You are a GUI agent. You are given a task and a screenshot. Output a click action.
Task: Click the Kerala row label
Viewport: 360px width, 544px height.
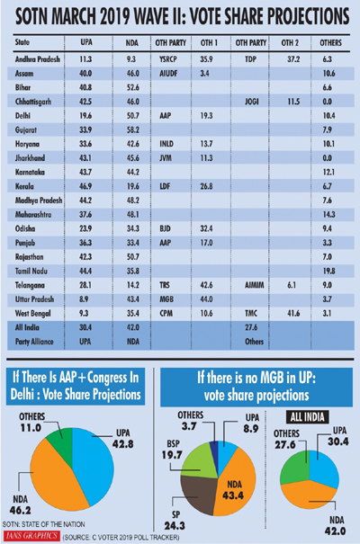point(24,186)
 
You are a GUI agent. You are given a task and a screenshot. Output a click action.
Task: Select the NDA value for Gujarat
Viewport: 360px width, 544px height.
point(132,129)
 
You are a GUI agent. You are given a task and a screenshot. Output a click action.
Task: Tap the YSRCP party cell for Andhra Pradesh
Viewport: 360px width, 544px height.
point(168,59)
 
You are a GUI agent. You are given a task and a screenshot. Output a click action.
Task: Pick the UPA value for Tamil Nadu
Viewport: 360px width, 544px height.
point(85,271)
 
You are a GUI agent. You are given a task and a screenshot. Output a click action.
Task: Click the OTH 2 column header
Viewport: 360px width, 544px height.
point(290,42)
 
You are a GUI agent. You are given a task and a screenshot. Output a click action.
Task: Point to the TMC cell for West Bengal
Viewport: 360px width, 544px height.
point(251,313)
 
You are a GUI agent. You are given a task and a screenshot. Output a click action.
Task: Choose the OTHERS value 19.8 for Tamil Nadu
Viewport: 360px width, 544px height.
point(328,271)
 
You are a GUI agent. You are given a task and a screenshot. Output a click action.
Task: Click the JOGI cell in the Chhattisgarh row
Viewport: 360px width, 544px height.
point(251,102)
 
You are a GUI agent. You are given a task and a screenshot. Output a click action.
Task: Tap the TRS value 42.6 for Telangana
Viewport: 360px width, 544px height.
point(206,285)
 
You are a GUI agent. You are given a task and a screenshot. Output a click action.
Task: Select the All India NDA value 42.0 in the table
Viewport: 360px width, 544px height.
point(132,327)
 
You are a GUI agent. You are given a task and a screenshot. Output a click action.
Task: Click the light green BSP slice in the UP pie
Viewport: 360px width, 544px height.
point(198,461)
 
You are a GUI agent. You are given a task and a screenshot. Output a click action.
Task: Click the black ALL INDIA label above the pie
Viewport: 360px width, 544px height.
point(307,417)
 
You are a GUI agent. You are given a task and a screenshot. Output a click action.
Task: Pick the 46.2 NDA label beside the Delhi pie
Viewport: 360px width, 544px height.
point(20,511)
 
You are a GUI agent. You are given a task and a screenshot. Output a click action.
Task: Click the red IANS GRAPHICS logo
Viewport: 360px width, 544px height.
point(31,536)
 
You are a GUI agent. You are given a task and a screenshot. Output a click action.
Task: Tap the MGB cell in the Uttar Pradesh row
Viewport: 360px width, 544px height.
point(166,299)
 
